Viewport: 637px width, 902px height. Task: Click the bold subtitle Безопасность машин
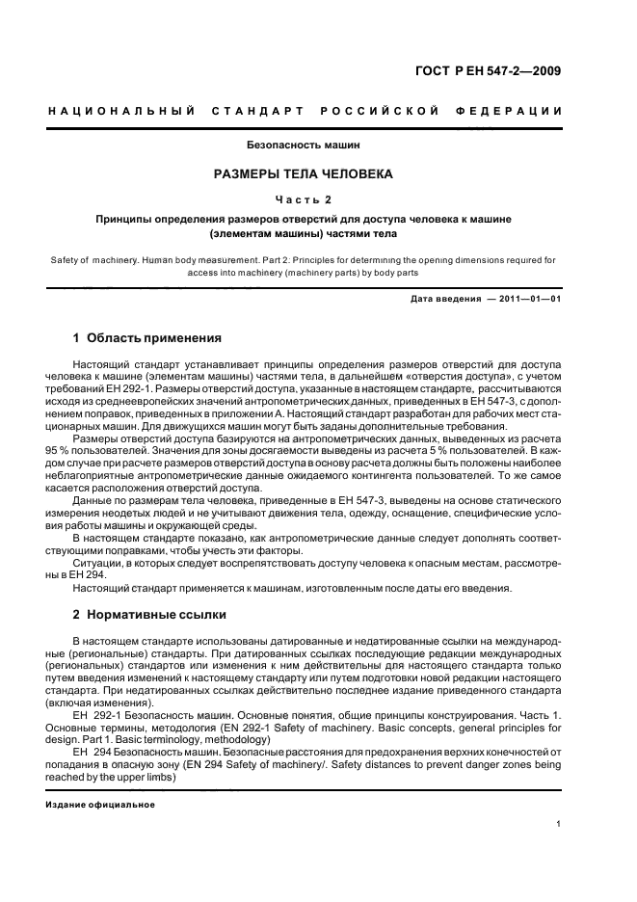coord(303,146)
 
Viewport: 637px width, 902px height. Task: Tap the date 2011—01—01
coord(530,299)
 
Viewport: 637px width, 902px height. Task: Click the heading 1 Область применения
coord(147,338)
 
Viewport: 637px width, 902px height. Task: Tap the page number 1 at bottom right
coord(560,825)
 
